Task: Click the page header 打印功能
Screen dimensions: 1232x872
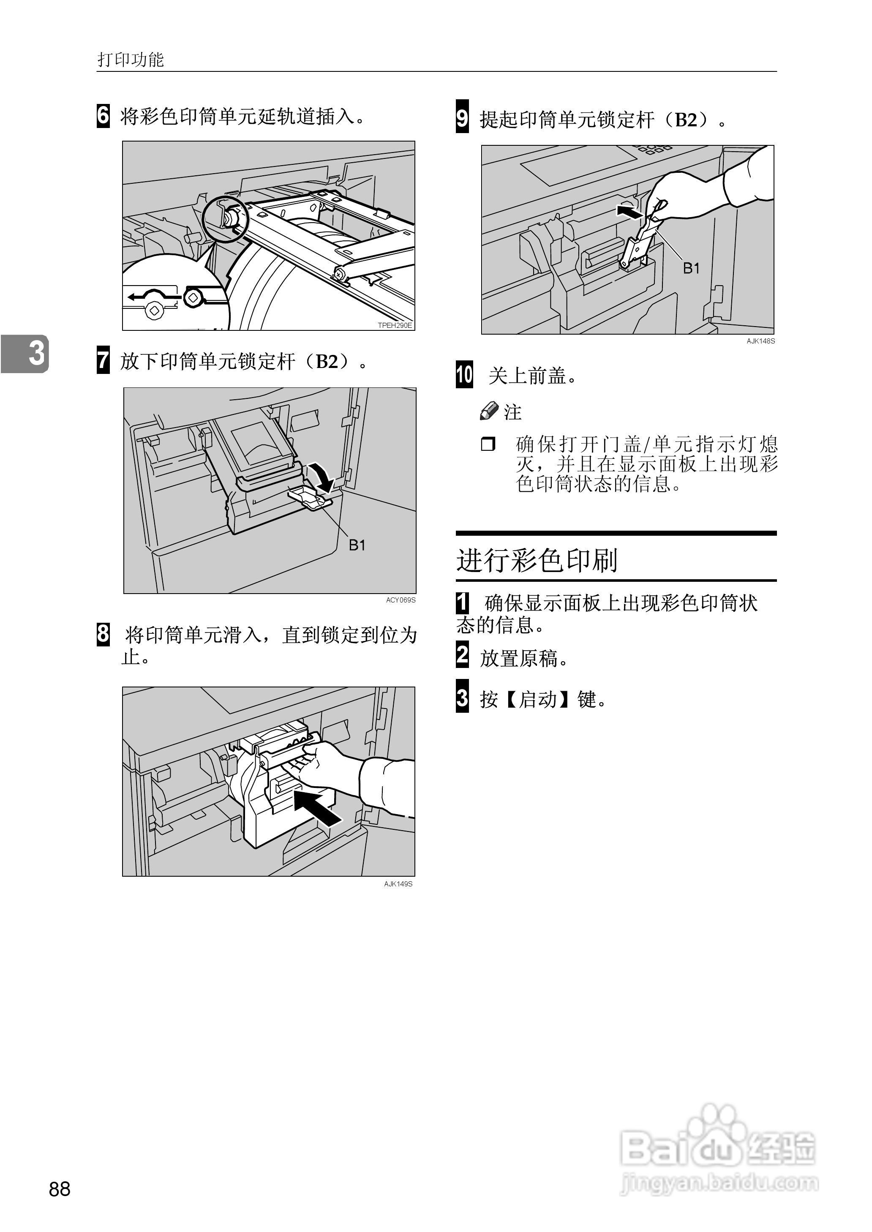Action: pyautogui.click(x=131, y=59)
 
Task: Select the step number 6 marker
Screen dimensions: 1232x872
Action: pyautogui.click(x=103, y=116)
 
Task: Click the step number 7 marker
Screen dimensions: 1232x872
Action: pyautogui.click(x=103, y=361)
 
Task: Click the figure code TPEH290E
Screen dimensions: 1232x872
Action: pyautogui.click(x=395, y=325)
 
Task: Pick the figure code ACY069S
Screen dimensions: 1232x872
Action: pyautogui.click(x=400, y=600)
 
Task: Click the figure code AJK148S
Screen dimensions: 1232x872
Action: pyautogui.click(x=760, y=341)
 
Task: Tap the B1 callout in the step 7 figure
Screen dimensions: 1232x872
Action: pyautogui.click(x=357, y=545)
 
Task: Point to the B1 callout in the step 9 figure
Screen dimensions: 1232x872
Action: pyautogui.click(x=691, y=268)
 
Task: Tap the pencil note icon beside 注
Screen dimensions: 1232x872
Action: pyautogui.click(x=489, y=411)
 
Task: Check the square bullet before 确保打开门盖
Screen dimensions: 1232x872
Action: pyautogui.click(x=488, y=444)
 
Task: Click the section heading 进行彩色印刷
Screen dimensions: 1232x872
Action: pyautogui.click(x=537, y=560)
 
